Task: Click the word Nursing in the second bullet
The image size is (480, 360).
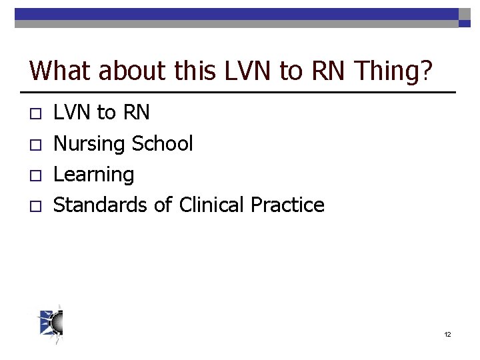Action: tap(90, 144)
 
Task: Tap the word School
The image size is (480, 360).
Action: tap(163, 143)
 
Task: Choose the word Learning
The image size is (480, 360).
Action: tap(93, 175)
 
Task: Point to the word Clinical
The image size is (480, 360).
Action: tap(212, 205)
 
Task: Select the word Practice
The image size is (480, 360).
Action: tap(287, 205)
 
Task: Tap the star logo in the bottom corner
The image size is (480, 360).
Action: tap(51, 325)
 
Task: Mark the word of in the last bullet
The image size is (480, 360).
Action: tap(163, 205)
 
